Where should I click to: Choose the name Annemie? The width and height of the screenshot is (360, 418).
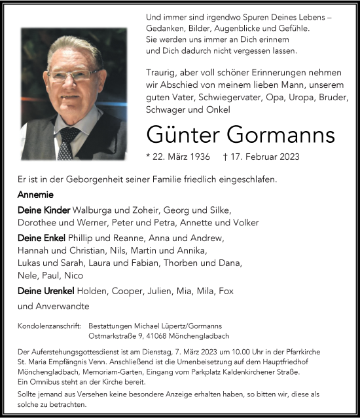(36, 195)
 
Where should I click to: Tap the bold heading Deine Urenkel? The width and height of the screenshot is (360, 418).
(45, 290)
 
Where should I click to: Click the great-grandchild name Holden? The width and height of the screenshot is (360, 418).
(91, 290)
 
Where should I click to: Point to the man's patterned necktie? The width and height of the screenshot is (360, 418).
(67, 143)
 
